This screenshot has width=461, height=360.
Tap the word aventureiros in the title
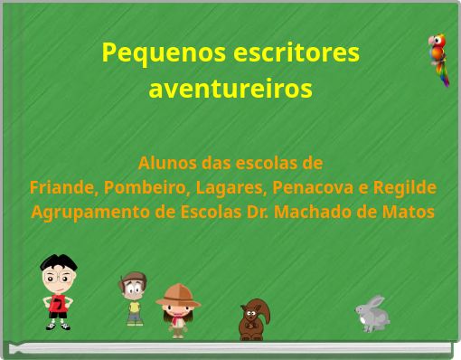[x=230, y=90]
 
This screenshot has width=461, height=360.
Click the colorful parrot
[x=438, y=59]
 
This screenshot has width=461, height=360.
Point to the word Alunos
[x=166, y=164]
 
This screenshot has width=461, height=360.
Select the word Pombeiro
[x=139, y=188]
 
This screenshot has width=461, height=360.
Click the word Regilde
[x=403, y=188]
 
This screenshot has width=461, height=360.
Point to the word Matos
[x=410, y=213]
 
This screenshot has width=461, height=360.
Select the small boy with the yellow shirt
[x=134, y=298]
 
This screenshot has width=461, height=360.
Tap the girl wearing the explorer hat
[x=177, y=310]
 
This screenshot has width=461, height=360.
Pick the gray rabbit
[x=372, y=313]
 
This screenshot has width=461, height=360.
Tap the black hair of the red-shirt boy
[x=58, y=264]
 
